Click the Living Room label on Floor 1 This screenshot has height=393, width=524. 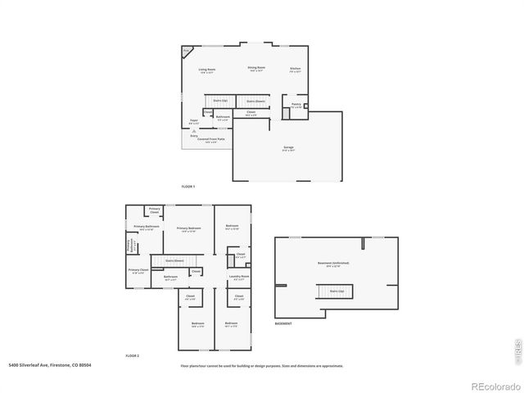206,70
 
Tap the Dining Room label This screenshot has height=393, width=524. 256,69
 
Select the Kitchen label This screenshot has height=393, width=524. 295,70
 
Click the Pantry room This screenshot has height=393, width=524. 296,105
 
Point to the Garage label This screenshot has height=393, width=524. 288,147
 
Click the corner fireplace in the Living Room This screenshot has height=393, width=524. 187,51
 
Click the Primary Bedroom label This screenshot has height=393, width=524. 188,228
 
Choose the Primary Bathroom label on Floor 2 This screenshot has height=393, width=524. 146,228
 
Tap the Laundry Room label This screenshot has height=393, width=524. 239,277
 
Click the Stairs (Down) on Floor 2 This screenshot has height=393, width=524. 175,260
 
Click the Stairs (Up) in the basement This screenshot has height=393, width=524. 336,290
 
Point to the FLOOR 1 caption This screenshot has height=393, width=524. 189,187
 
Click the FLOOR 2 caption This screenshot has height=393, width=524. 133,356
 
